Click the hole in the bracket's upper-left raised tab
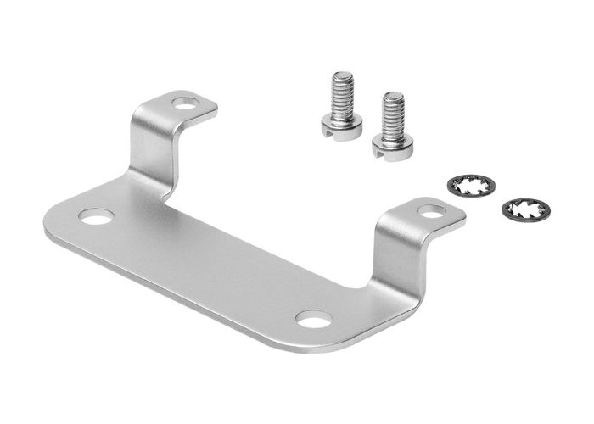tap(184, 103)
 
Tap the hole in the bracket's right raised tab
tap(431, 211)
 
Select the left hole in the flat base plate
tap(96, 217)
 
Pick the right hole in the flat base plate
tap(314, 320)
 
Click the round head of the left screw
tap(341, 124)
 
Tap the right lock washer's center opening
tap(526, 209)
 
